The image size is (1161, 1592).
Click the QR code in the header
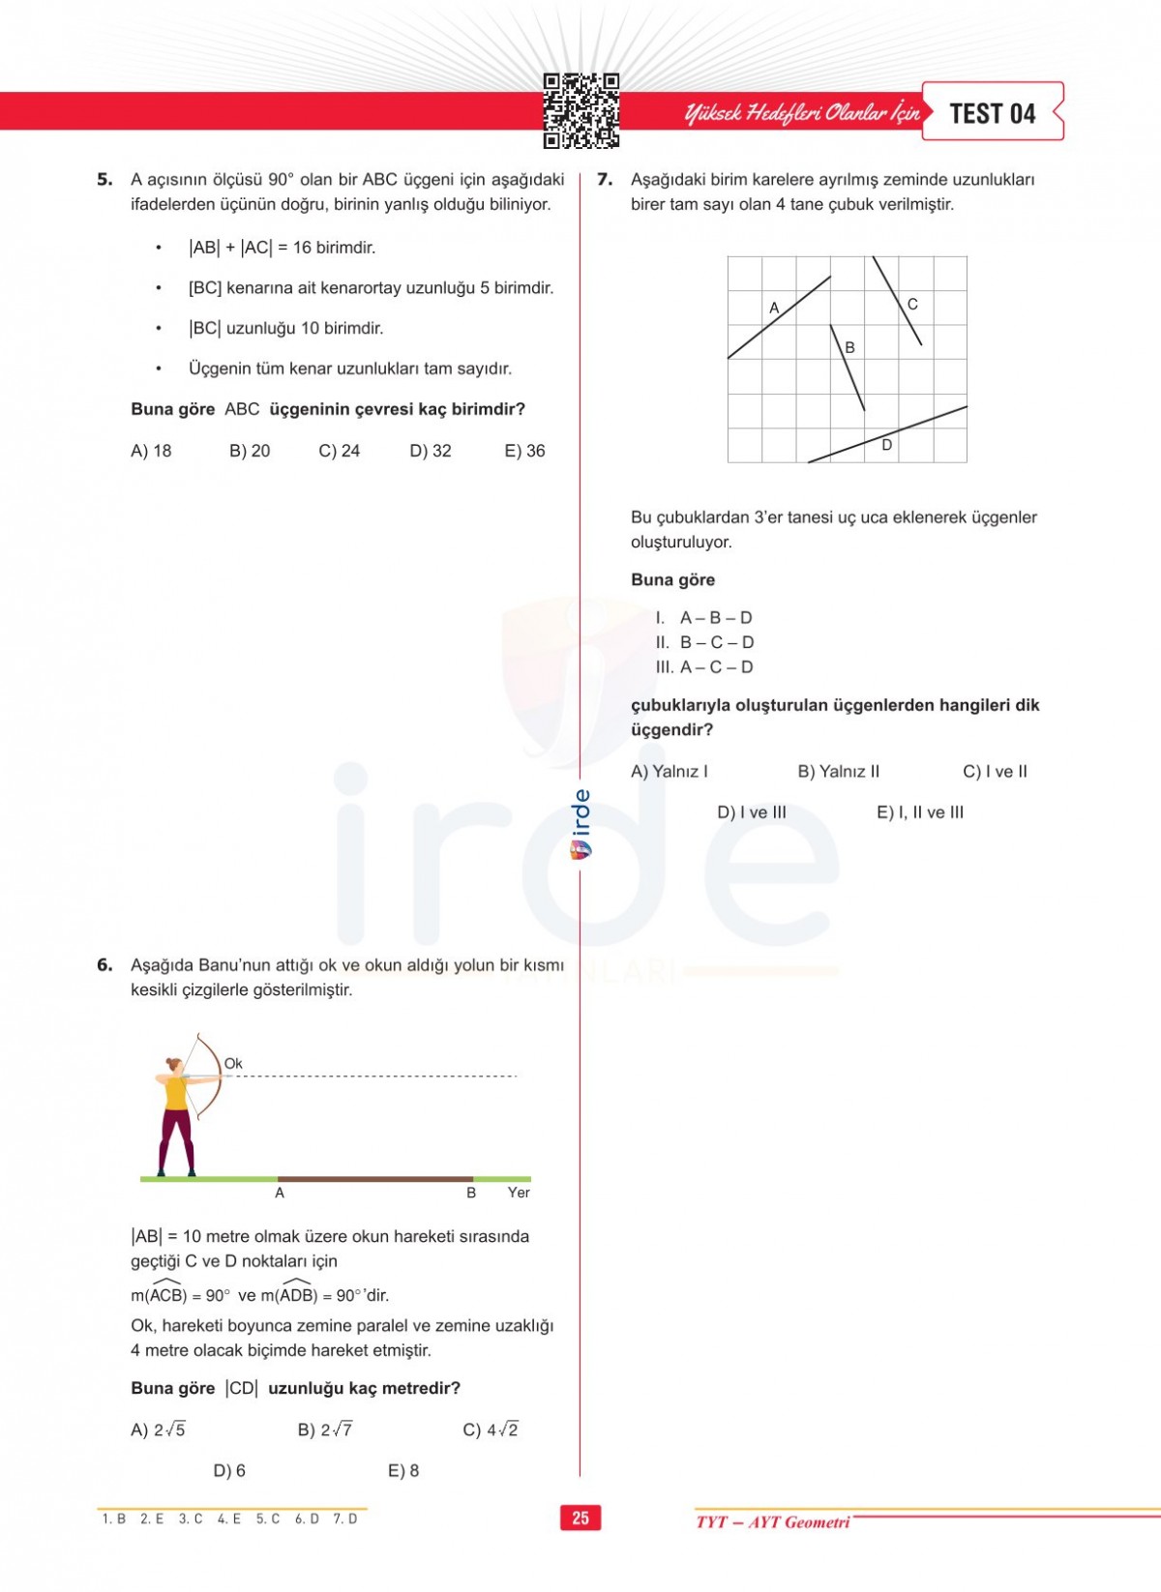pos(580,110)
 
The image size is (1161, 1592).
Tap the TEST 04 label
pos(992,113)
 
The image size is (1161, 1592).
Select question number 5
pos(104,179)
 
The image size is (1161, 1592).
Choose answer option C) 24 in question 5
pos(339,451)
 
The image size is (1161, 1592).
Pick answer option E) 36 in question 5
pos(524,451)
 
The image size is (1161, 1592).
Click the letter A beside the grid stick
pos(774,308)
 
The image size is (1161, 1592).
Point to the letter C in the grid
pos(912,304)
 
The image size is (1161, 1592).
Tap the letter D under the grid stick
pos(886,445)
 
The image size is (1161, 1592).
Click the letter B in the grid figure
pos(849,347)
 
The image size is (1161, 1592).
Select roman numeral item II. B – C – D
pos(705,642)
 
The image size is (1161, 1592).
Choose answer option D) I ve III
pos(752,812)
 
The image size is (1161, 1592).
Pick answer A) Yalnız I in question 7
pos(670,772)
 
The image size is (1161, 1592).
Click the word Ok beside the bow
pos(233,1063)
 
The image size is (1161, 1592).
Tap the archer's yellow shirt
pos(175,1093)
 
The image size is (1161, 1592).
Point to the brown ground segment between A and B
pos(374,1179)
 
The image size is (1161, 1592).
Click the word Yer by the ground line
pos(519,1193)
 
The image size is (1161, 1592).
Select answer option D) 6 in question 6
pos(229,1471)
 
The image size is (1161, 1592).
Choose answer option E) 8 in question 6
pos(403,1471)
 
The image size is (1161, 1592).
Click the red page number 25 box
pos(580,1518)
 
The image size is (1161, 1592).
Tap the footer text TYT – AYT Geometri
pos(772,1522)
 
